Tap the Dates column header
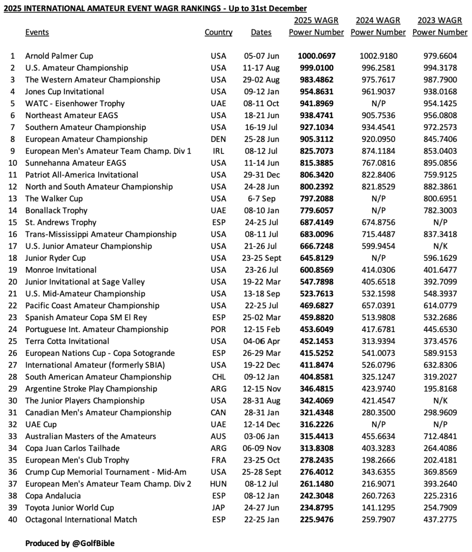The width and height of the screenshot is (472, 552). [261, 32]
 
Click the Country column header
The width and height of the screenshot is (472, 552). [218, 32]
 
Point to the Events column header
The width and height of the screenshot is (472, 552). [37, 32]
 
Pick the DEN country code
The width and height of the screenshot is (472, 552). [219, 139]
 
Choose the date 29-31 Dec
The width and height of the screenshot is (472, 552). [261, 175]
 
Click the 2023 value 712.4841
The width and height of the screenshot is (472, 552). [440, 436]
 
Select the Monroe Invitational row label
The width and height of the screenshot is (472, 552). [61, 270]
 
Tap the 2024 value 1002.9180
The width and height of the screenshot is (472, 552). [378, 56]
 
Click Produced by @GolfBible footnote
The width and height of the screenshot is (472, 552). [70, 543]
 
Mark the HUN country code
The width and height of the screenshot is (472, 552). [219, 484]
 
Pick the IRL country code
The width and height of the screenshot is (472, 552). [219, 151]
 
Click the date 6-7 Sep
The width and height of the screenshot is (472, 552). [261, 198]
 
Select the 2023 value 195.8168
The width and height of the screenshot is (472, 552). [440, 389]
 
